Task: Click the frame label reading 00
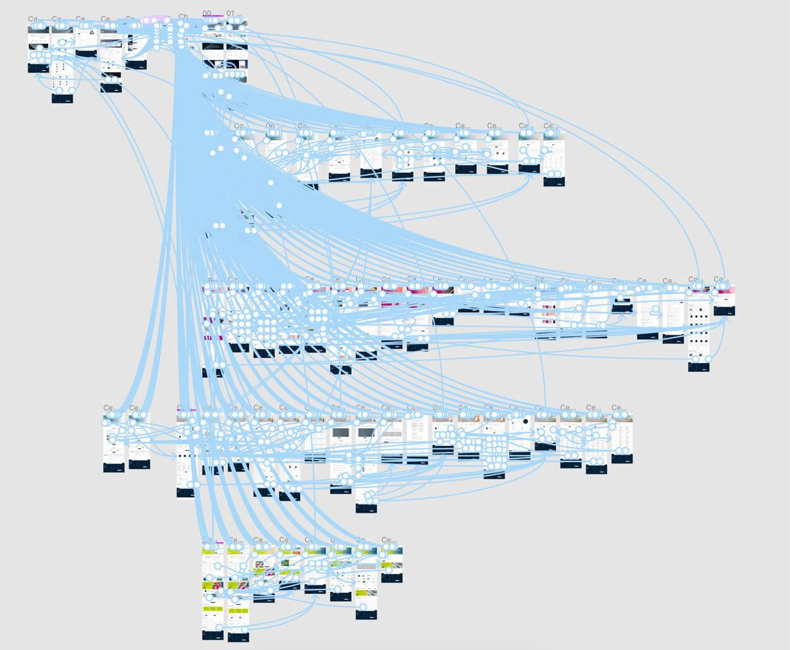coord(207,13)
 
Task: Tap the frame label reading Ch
coord(183,16)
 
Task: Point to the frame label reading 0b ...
coord(271,126)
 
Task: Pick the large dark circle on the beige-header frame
coord(524,422)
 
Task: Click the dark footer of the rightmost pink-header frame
coord(724,310)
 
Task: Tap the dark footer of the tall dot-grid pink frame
coord(698,366)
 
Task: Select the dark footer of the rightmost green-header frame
coord(391,578)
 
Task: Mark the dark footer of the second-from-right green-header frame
coord(366,614)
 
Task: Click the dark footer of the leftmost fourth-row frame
coord(113,468)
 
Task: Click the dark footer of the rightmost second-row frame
coord(553,182)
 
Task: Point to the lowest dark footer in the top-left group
coord(62,99)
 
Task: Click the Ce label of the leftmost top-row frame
coord(32,20)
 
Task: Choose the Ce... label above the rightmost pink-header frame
coord(719,279)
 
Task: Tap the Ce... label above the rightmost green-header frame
coord(388,540)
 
